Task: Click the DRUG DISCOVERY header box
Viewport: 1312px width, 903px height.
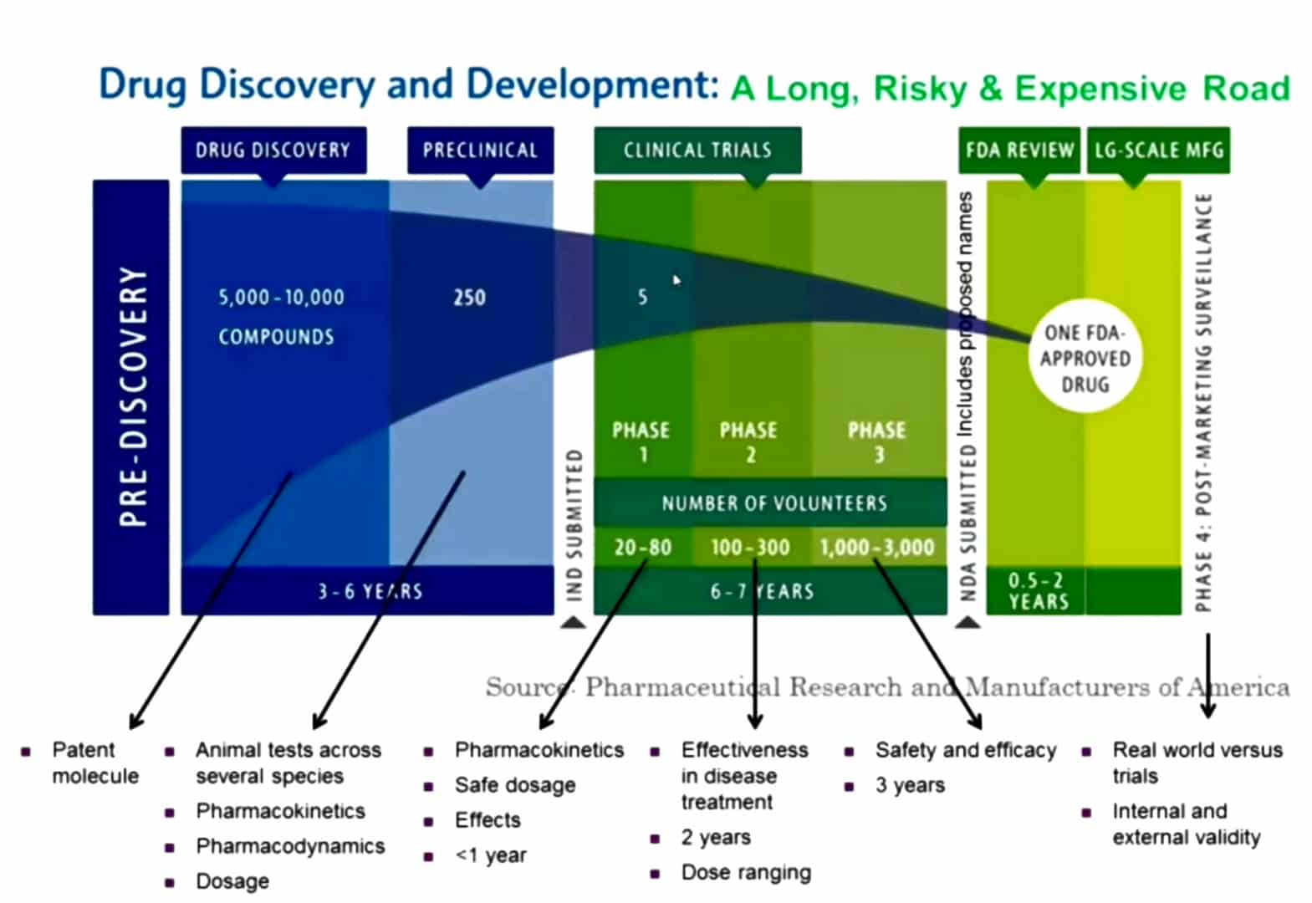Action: click(273, 150)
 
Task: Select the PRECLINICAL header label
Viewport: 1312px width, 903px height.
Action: click(480, 150)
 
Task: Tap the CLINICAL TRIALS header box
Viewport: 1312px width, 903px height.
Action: click(697, 150)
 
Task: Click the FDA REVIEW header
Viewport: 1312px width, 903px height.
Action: click(1019, 150)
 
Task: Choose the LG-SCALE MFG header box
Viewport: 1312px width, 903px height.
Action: click(1158, 150)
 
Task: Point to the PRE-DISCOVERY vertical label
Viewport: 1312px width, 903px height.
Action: click(132, 397)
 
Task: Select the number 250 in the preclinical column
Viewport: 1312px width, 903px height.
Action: click(469, 298)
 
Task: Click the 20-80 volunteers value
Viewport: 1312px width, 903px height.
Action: click(642, 547)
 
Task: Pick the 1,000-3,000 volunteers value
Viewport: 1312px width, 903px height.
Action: click(877, 547)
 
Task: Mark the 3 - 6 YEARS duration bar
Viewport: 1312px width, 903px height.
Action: click(368, 591)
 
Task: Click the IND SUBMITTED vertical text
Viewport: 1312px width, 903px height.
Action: click(575, 525)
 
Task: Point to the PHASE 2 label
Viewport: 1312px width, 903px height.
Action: click(748, 442)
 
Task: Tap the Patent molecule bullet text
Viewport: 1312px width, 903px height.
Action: click(95, 763)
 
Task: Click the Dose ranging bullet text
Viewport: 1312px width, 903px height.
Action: click(746, 872)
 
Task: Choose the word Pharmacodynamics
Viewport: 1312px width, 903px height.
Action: click(290, 845)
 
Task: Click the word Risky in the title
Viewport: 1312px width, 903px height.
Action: click(920, 89)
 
